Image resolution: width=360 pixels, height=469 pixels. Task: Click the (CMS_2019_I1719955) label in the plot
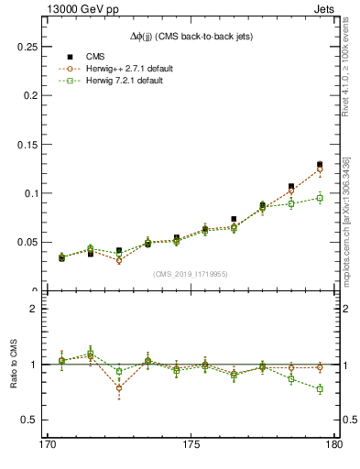click(191, 273)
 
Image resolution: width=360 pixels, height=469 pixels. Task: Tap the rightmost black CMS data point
click(320, 165)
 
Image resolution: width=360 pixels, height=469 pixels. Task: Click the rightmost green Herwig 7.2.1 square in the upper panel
click(320, 198)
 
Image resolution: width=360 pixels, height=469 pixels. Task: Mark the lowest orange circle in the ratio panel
click(119, 388)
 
